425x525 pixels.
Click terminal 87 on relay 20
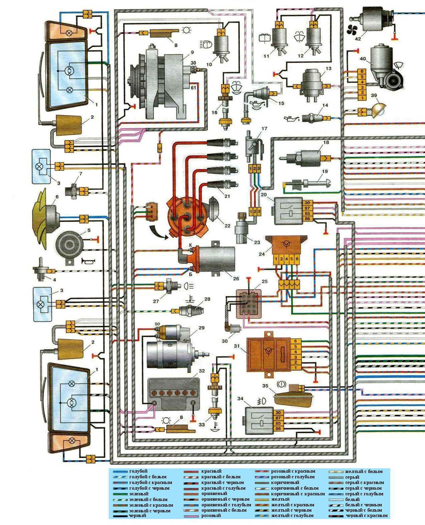307,208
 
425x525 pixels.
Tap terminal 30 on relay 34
278,412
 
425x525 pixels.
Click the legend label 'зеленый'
138,494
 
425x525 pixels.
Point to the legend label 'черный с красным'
367,516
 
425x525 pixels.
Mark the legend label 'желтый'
280,499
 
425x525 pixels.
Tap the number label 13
329,69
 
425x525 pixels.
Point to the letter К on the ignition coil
190,245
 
